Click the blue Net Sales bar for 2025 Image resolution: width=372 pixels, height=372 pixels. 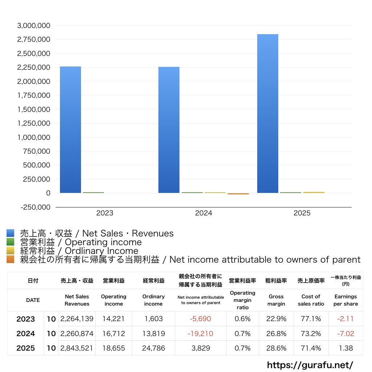coord(268,113)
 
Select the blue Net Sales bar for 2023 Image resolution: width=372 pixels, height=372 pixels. coord(70,130)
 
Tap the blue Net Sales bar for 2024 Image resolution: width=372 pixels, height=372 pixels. coord(169,130)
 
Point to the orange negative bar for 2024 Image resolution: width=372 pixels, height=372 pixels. coord(238,194)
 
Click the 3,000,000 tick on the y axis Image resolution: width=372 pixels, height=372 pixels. coord(34,25)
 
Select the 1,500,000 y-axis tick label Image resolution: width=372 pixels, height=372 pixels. coord(34,109)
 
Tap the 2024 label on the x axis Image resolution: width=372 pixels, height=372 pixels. coord(203,213)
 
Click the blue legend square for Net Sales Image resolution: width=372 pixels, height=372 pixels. coord(10,233)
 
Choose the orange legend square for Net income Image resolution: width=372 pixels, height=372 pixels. coord(10,259)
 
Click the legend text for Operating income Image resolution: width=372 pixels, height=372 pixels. coord(81,242)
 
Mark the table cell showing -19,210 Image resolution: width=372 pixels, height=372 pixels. coord(201,333)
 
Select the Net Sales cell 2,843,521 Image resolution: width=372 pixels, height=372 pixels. coord(77,348)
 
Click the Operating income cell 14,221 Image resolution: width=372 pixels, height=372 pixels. coord(113,319)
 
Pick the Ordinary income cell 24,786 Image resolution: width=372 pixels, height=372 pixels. coord(153,348)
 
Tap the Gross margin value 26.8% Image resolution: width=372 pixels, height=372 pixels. coord(276,333)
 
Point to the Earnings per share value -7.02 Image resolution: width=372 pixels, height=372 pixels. coord(345,333)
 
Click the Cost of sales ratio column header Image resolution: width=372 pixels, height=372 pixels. coord(311,300)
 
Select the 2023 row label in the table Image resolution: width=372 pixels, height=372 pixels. coord(26,319)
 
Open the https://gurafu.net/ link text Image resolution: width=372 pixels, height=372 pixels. coord(310,365)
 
